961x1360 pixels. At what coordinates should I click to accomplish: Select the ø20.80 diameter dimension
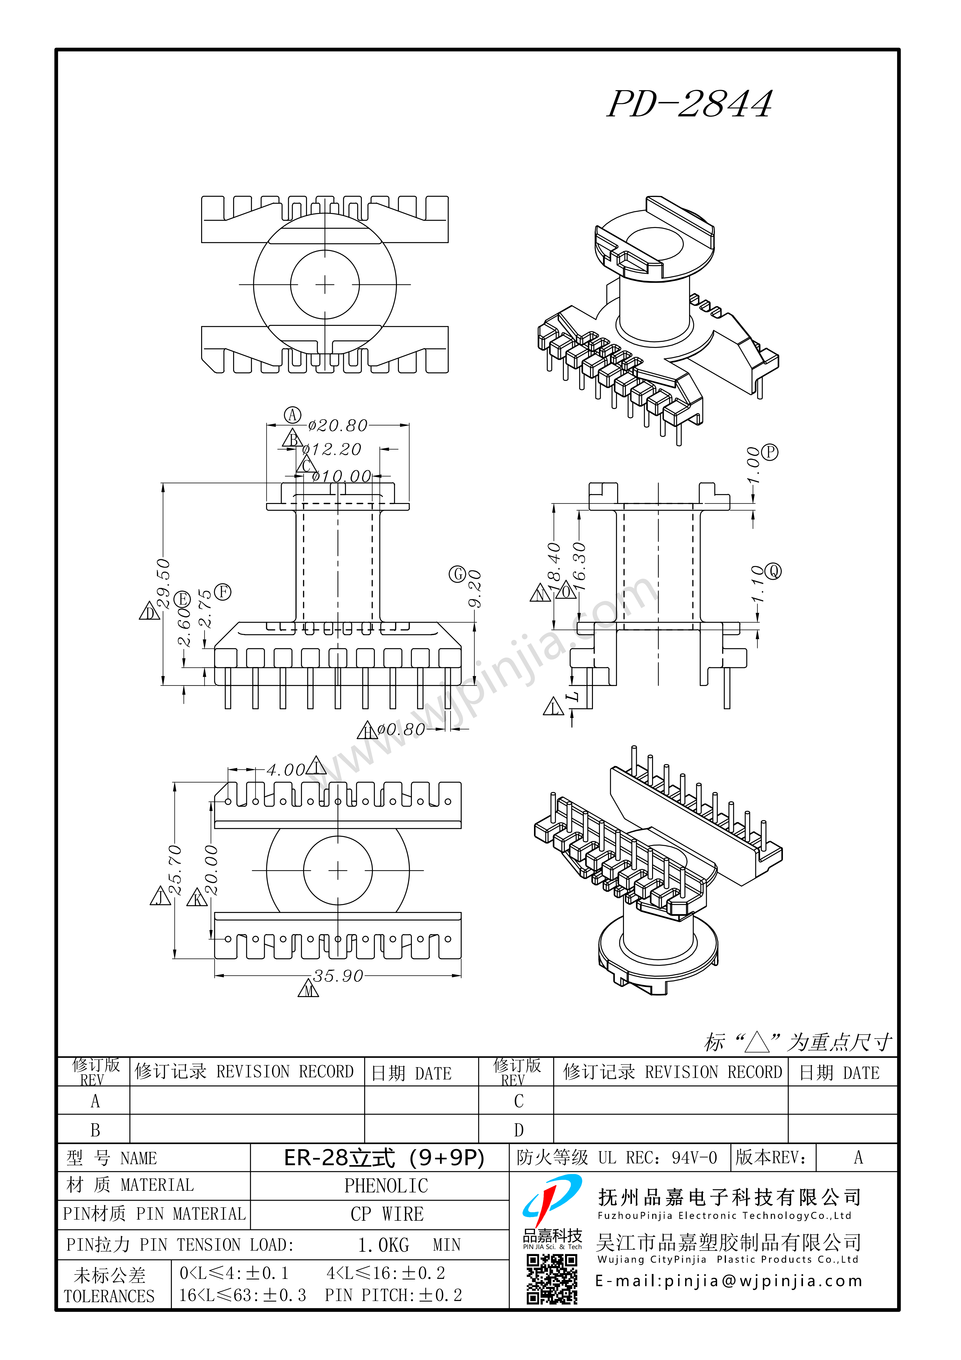click(338, 425)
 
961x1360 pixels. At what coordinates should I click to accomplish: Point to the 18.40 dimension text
click(554, 562)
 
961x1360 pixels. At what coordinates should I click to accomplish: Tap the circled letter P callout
click(770, 453)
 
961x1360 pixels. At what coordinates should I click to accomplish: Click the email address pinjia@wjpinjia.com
click(729, 1281)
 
